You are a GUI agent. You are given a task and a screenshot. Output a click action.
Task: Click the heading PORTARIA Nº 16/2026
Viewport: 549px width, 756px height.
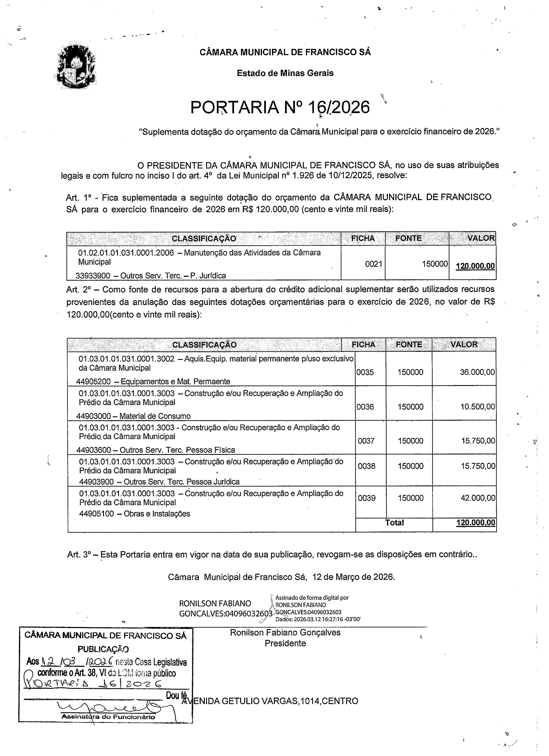[x=280, y=107]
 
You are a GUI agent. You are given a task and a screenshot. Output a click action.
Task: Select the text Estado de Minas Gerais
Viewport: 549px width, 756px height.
[x=285, y=73]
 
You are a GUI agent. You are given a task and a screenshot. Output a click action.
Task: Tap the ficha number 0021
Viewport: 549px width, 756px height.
[x=373, y=264]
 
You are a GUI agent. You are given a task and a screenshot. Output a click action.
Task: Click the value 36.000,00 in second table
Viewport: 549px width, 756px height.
[x=477, y=372]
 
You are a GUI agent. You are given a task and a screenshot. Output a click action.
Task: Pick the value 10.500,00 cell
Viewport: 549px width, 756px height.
[x=477, y=407]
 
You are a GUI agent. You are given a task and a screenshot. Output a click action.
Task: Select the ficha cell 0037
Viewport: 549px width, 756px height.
[x=366, y=441]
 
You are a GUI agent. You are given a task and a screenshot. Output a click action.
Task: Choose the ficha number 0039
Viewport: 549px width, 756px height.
[x=367, y=498]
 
